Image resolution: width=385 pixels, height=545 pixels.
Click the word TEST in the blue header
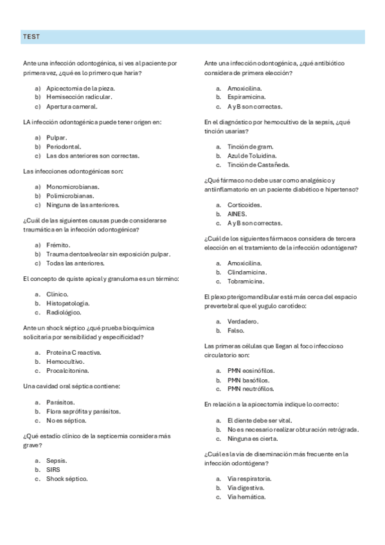[31, 37]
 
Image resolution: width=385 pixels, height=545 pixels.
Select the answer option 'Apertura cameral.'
[71, 106]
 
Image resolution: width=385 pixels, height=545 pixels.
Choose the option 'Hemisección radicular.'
[79, 97]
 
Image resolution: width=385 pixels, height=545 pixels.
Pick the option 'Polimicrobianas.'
[70, 195]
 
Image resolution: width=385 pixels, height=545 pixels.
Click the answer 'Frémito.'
[58, 245]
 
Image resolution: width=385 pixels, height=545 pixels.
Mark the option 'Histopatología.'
[67, 303]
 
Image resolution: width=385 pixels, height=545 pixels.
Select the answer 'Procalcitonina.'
[67, 371]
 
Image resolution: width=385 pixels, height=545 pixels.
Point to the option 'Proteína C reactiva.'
[73, 353]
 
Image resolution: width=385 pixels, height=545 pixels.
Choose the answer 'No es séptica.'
[66, 420]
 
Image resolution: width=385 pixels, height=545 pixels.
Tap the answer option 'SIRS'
[53, 469]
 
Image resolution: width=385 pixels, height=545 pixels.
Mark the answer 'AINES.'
[237, 214]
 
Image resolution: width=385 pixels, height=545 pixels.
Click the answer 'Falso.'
[236, 330]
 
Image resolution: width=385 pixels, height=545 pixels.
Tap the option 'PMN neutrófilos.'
[251, 389]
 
